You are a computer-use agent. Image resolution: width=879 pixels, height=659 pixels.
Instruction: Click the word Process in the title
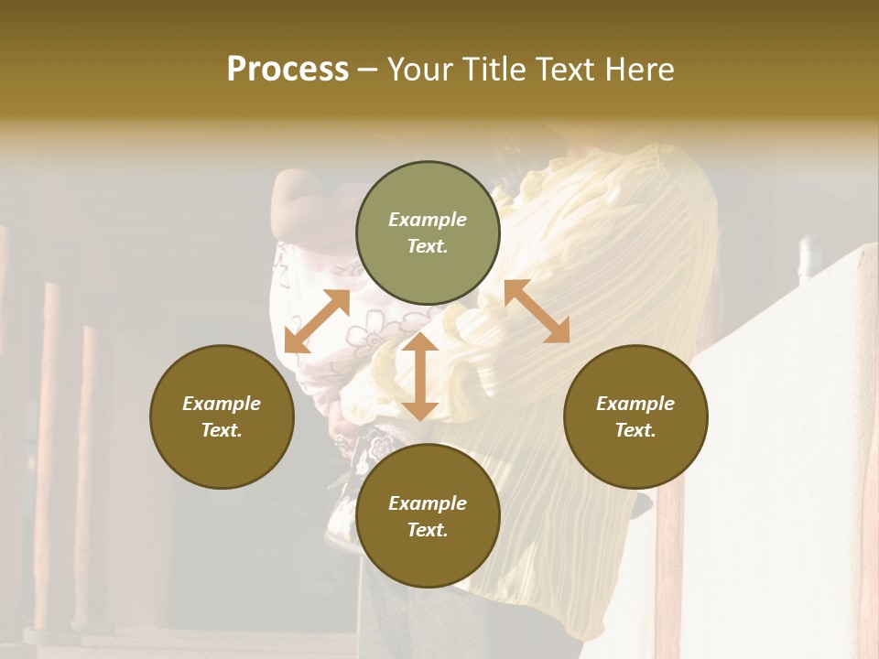[288, 70]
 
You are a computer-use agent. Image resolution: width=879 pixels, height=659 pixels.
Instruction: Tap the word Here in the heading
[636, 70]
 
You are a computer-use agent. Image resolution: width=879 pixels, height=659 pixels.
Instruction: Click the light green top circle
[428, 232]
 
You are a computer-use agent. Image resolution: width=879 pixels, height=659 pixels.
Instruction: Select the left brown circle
[222, 416]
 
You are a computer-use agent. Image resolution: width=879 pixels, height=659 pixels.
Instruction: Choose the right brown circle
[635, 416]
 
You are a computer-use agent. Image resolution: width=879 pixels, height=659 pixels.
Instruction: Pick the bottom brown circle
[428, 516]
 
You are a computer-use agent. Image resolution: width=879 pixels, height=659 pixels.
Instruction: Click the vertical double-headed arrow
[420, 376]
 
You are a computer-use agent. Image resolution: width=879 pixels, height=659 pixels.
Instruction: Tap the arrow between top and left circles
[317, 321]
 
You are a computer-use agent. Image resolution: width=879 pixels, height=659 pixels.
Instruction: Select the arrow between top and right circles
[537, 311]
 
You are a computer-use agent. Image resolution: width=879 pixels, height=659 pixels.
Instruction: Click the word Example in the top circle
[428, 220]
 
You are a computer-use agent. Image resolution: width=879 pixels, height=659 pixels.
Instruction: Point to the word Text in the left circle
[222, 430]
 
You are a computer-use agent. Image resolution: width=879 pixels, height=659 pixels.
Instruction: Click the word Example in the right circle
[635, 404]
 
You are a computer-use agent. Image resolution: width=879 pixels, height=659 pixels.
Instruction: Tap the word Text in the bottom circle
[428, 530]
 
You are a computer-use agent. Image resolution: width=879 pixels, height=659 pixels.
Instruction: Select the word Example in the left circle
[222, 404]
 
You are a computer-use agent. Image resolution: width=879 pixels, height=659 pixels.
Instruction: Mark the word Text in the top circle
[428, 246]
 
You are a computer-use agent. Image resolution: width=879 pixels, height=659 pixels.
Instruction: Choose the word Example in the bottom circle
[428, 503]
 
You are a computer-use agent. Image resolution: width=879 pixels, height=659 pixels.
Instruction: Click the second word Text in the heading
[566, 70]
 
